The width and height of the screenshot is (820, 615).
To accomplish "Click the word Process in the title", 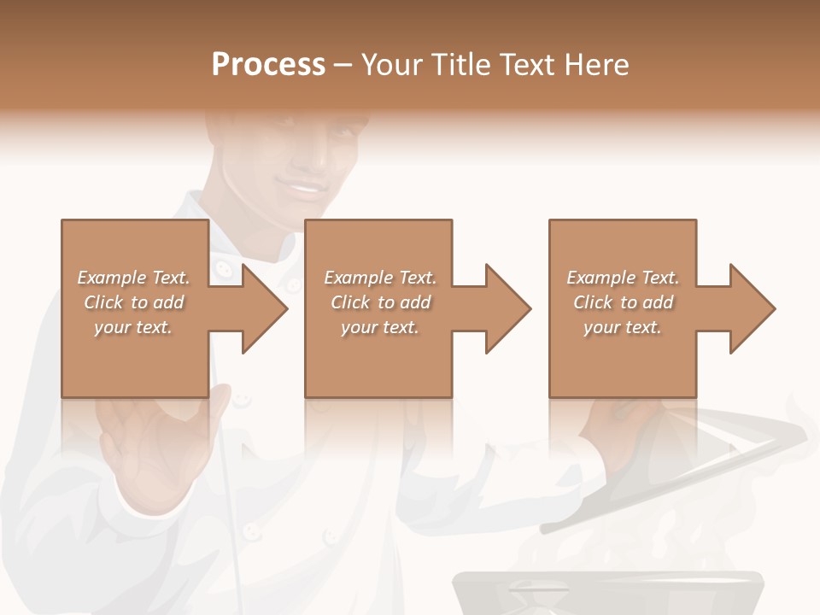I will pyautogui.click(x=268, y=65).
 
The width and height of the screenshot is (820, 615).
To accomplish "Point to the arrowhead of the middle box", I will pyautogui.click(x=507, y=308).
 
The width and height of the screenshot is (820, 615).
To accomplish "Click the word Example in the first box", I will pyautogui.click(x=111, y=278).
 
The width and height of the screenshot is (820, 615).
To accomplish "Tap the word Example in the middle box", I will pyautogui.click(x=358, y=278).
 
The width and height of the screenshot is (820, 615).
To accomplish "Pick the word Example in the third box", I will pyautogui.click(x=600, y=278).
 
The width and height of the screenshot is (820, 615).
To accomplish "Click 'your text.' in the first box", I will pyautogui.click(x=133, y=327).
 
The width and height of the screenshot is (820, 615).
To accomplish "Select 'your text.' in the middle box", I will pyautogui.click(x=379, y=327).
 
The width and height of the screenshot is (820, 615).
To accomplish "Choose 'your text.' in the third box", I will pyautogui.click(x=623, y=327).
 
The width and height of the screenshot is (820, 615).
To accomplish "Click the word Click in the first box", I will pyautogui.click(x=103, y=302).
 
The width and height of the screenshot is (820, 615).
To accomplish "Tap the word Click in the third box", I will pyautogui.click(x=593, y=302).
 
